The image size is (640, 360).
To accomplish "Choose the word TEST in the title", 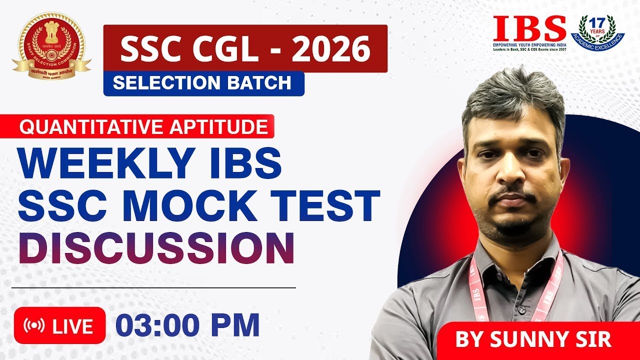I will [x=334, y=205].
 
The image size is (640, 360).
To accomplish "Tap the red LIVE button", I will [x=59, y=326].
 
